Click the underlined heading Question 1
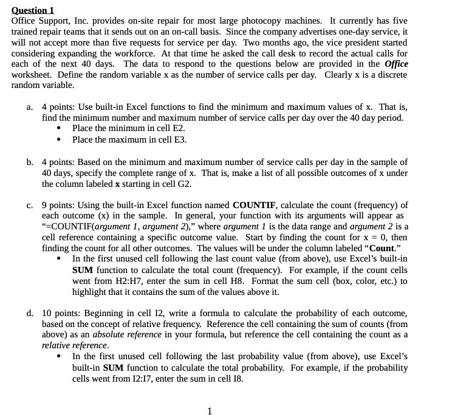point(33,10)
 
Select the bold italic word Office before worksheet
point(396,64)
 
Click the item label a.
point(30,107)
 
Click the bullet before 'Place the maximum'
point(58,139)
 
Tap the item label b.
point(30,162)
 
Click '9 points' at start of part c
point(60,204)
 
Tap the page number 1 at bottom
point(210,411)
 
